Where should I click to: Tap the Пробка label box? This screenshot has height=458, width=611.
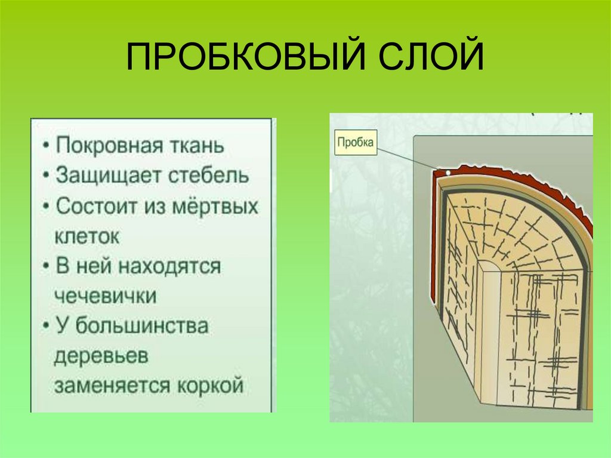tap(356, 143)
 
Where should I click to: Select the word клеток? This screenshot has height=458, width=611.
tap(87, 236)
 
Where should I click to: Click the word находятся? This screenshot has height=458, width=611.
tap(169, 266)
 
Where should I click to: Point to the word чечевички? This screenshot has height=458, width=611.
tap(106, 296)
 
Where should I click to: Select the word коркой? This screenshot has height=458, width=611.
tap(211, 386)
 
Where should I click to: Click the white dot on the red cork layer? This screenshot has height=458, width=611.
tap(448, 174)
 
